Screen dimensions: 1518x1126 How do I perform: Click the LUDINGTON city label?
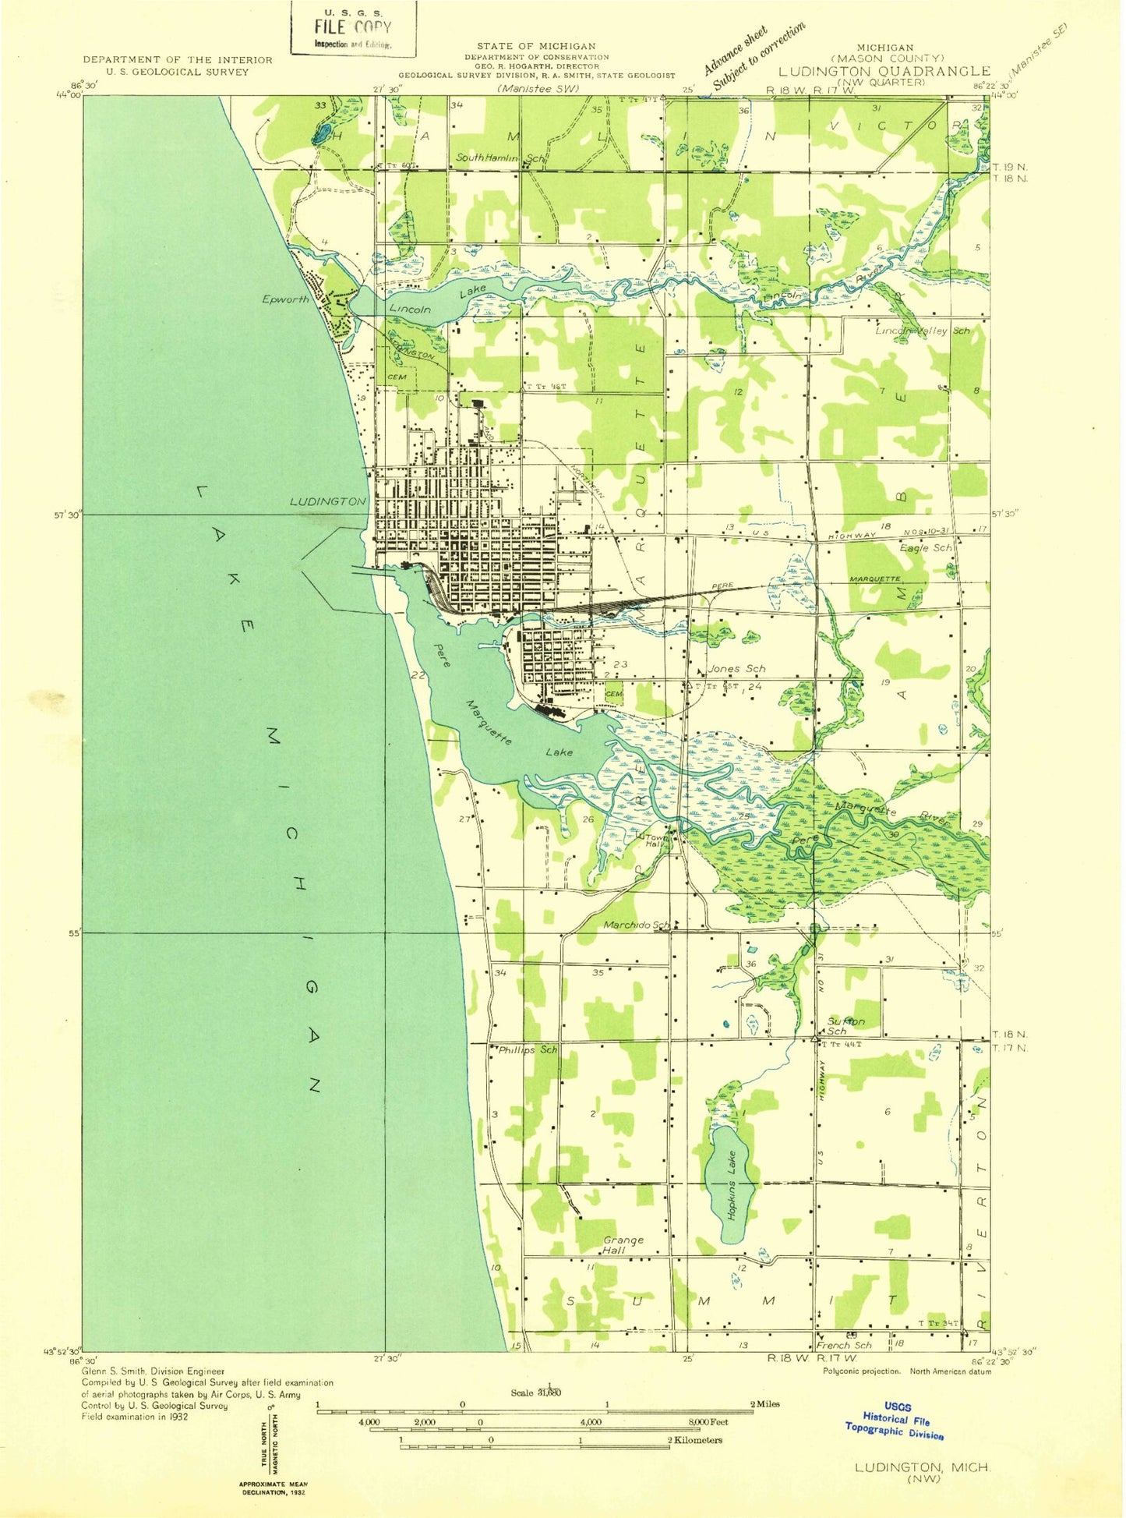click(x=327, y=501)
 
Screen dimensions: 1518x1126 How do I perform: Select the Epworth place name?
click(x=285, y=299)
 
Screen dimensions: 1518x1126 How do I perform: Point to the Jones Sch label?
click(x=736, y=668)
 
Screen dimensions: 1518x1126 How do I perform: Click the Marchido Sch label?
click(x=636, y=925)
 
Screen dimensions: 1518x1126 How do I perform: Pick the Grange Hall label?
click(x=623, y=1244)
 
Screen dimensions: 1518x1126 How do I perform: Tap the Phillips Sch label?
click(x=528, y=1049)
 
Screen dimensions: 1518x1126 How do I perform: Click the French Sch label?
click(x=844, y=1345)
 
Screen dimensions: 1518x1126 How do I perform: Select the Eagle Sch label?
click(x=925, y=547)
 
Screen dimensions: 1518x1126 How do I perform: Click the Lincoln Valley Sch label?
click(x=923, y=331)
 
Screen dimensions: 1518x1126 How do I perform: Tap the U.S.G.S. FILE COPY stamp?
click(x=353, y=28)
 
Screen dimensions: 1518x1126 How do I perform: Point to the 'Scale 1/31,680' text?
click(x=536, y=1392)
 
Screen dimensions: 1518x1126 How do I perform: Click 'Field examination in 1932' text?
click(x=134, y=1417)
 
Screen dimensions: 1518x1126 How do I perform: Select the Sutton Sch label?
click(x=844, y=1025)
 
